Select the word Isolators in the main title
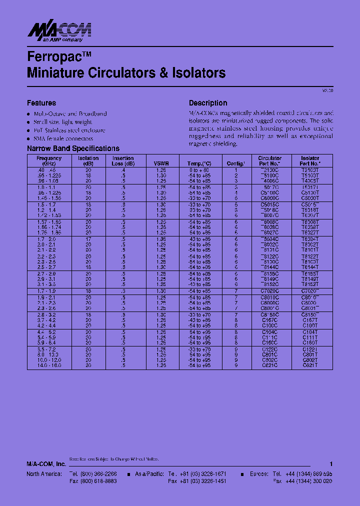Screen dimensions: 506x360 (198, 73)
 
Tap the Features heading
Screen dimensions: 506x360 (41, 103)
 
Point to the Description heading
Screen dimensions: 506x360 (208, 103)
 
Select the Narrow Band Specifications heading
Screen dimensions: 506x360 (73, 148)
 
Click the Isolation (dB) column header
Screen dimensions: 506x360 (88, 161)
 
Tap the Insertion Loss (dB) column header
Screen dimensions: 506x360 (123, 161)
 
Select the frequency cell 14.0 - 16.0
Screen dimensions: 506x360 (49, 365)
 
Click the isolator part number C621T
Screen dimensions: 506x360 (310, 365)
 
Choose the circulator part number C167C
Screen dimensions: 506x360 (269, 319)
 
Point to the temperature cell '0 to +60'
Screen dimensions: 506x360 (199, 170)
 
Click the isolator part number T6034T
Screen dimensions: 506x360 (310, 239)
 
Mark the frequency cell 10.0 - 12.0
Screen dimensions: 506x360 (49, 360)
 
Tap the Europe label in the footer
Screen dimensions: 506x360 (258, 473)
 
